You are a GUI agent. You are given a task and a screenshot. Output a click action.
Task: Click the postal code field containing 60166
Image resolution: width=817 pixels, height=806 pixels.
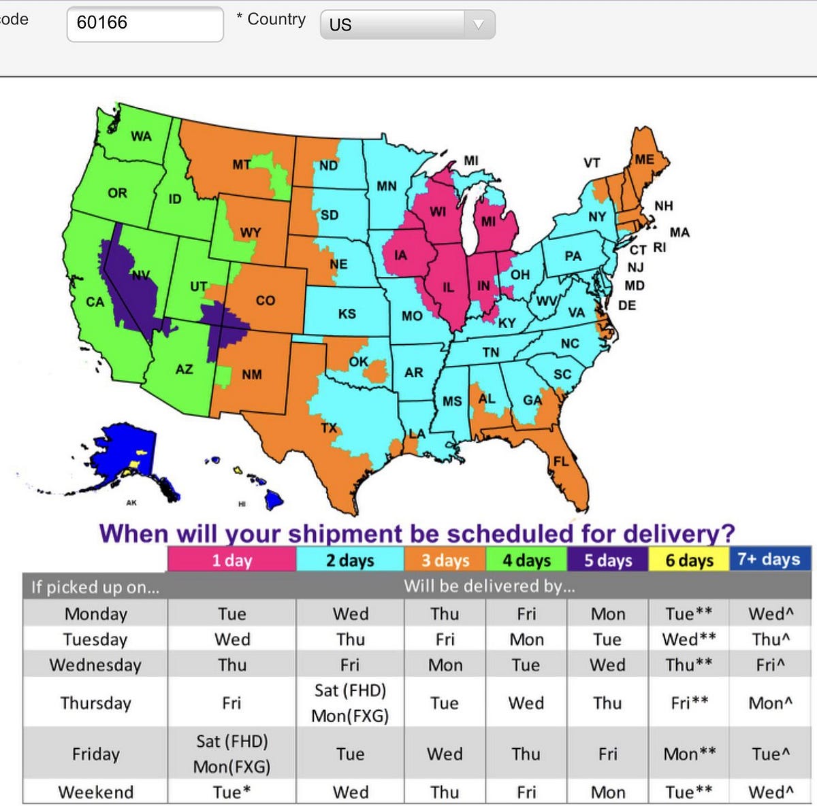click(144, 23)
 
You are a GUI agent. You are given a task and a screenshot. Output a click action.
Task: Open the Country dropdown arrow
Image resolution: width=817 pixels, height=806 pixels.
click(478, 24)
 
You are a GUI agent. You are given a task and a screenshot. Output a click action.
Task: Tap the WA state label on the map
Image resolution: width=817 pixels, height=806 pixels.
click(141, 136)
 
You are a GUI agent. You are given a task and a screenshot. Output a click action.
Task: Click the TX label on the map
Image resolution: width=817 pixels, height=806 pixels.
click(329, 428)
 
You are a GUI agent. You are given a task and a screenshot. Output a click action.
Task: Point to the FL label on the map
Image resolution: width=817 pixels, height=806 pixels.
click(560, 461)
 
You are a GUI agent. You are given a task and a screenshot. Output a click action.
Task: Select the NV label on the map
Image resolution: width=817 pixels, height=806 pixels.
click(140, 275)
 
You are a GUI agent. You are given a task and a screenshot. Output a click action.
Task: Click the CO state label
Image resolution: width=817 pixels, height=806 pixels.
click(266, 300)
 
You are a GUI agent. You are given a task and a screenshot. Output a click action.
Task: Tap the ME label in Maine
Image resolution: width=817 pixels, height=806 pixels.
click(644, 159)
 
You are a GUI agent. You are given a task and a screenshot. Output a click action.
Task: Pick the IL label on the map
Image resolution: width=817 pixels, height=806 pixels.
click(448, 287)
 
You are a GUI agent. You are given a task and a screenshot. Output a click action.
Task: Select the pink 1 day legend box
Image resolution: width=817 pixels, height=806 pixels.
click(231, 560)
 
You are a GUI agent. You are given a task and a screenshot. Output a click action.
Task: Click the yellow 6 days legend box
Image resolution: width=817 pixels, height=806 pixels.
click(689, 560)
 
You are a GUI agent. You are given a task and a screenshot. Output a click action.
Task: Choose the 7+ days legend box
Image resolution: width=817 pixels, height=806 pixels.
click(769, 559)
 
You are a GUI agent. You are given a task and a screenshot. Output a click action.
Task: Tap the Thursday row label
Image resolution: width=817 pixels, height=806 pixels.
click(95, 703)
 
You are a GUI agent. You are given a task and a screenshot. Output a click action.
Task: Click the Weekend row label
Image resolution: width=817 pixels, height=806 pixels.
click(95, 792)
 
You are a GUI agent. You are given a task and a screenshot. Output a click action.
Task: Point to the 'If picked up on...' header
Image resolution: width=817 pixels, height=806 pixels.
click(95, 587)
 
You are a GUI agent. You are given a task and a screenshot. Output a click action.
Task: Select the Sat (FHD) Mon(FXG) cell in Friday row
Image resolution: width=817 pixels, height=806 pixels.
click(231, 754)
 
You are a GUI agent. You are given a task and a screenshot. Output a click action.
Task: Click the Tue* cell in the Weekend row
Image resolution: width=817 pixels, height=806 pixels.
click(231, 792)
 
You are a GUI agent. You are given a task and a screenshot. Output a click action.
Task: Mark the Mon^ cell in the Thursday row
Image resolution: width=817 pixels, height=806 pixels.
click(770, 703)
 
